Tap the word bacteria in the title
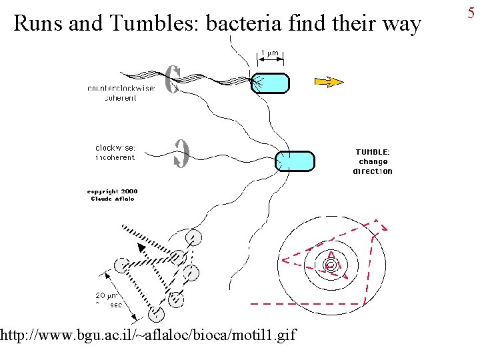coord(245,24)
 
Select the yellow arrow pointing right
coord(328,82)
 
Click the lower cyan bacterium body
coord(295,161)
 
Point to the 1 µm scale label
coord(269,53)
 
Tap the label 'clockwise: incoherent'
coord(115,153)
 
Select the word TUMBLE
coord(373,152)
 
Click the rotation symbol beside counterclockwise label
coord(172,80)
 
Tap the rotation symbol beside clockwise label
coord(181,153)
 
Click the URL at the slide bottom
coord(148,333)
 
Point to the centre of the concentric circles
coord(330,265)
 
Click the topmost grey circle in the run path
coord(194,237)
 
